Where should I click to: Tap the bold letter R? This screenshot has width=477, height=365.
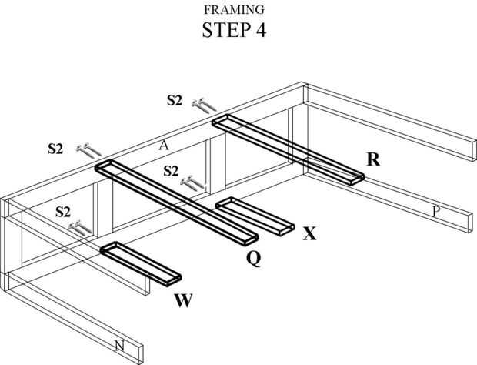point(374,159)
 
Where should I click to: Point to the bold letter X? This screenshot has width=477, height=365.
point(309,233)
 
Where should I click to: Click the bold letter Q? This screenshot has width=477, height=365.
point(253,259)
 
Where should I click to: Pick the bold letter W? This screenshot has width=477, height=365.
point(183,299)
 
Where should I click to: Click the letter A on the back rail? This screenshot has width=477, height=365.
point(164,144)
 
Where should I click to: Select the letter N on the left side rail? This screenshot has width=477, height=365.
point(120,346)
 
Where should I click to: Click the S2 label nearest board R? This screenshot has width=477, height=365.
point(175,99)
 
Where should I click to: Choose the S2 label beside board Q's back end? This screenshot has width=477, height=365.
point(55,148)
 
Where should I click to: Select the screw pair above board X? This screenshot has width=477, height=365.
point(191,182)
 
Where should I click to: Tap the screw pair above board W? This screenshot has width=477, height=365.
point(80,227)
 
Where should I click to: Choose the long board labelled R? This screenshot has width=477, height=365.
point(289,149)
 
